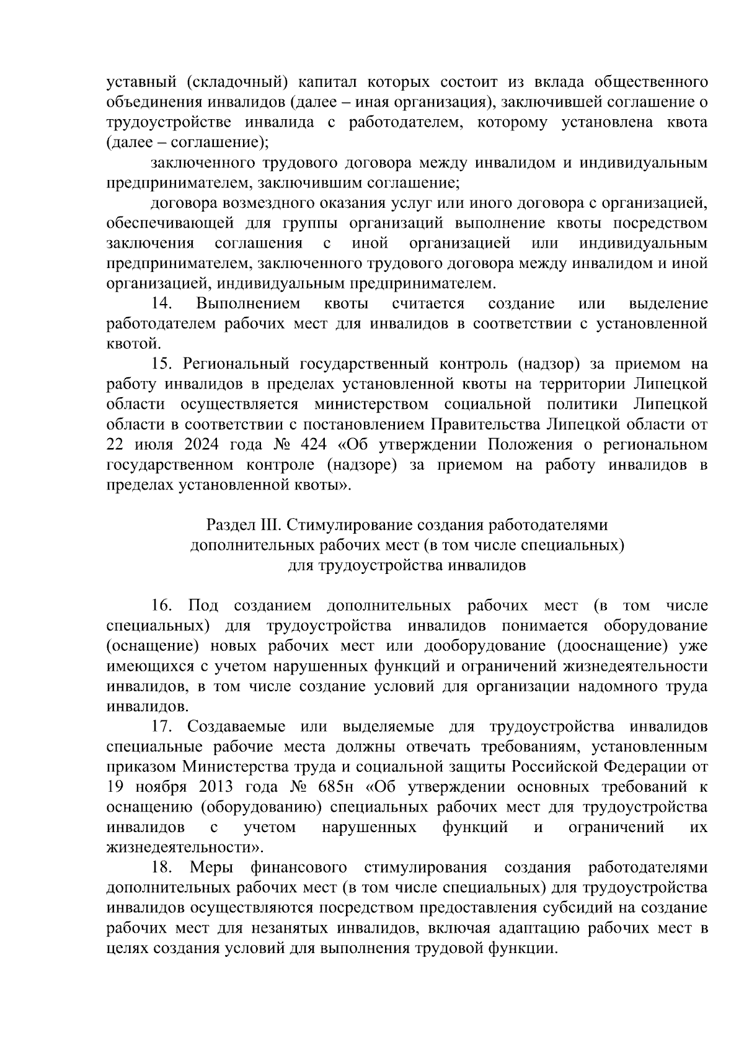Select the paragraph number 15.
pos(162,364)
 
